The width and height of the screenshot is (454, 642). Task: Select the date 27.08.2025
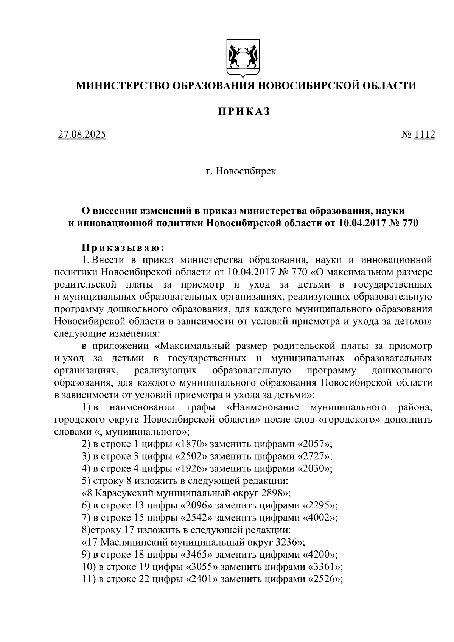pyautogui.click(x=82, y=135)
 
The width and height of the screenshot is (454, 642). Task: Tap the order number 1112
pyautogui.click(x=425, y=135)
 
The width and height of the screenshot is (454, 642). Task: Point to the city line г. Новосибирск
pyautogui.click(x=241, y=171)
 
